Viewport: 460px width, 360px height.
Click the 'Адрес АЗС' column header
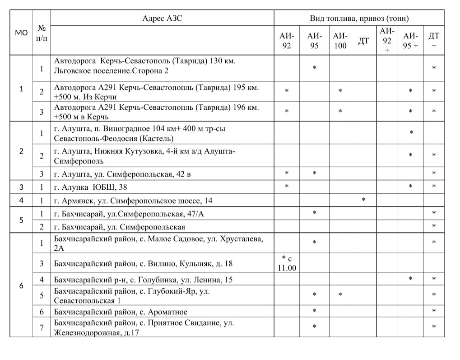[x=162, y=19]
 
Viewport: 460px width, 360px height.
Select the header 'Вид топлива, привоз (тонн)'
[x=359, y=19]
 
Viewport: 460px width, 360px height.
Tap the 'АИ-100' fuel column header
[x=340, y=41]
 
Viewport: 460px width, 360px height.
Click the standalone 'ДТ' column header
[x=363, y=41]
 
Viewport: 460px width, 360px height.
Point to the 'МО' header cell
[x=21, y=33]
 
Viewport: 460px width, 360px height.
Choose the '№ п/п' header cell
[x=42, y=33]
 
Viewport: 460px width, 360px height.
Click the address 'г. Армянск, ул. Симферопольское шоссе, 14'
[x=133, y=201]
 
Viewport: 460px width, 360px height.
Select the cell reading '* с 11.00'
[x=287, y=263]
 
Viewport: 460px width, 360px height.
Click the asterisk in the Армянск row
[x=363, y=199]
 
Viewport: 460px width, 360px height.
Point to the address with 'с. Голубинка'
[x=143, y=280]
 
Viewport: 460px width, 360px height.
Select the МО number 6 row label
[x=21, y=285]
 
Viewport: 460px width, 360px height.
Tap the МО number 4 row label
[x=21, y=200]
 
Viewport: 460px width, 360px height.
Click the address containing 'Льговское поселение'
[x=144, y=65]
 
